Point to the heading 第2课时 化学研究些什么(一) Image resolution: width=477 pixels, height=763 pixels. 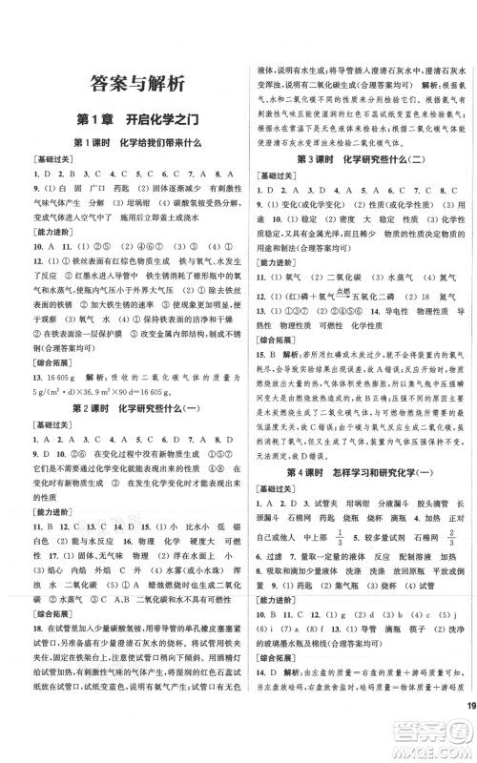134,408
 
